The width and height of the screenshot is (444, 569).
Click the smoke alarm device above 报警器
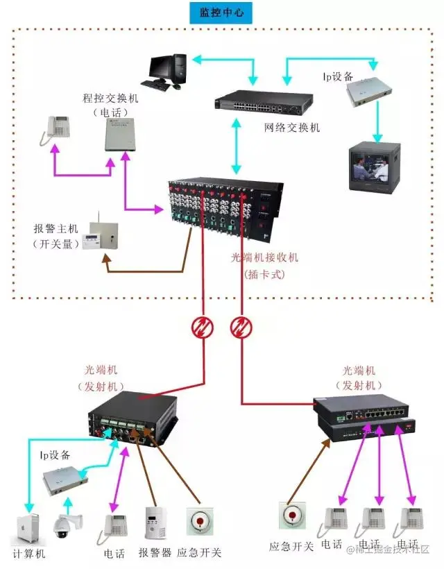click(x=154, y=523)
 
